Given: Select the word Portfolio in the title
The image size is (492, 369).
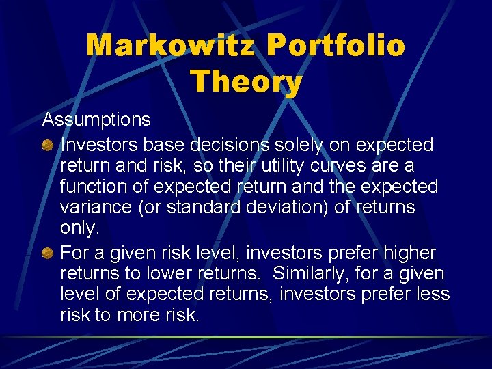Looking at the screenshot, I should tap(336, 46).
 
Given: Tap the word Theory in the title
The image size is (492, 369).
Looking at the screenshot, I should tap(246, 81).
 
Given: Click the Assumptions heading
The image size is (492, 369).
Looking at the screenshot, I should tap(96, 120).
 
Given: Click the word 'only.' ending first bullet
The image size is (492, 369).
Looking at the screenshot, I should tap(77, 228).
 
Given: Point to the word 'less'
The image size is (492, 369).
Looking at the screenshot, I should tap(433, 295).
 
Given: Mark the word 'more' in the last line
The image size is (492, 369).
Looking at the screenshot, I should tap(140, 315).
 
